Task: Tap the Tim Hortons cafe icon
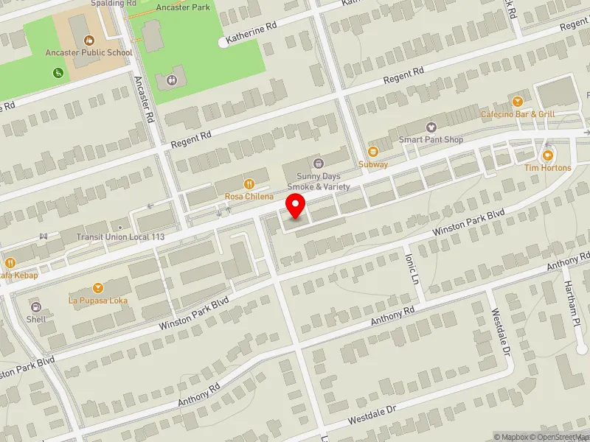(547, 155)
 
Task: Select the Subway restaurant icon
(373, 152)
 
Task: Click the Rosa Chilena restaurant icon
(249, 184)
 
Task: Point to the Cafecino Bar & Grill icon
(518, 102)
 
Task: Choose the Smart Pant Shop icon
(431, 127)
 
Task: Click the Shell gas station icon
(35, 306)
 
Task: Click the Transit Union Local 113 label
(120, 237)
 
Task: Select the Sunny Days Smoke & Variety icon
(318, 162)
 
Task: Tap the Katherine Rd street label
(251, 33)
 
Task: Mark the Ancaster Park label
(183, 7)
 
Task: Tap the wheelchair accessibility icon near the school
(58, 72)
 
